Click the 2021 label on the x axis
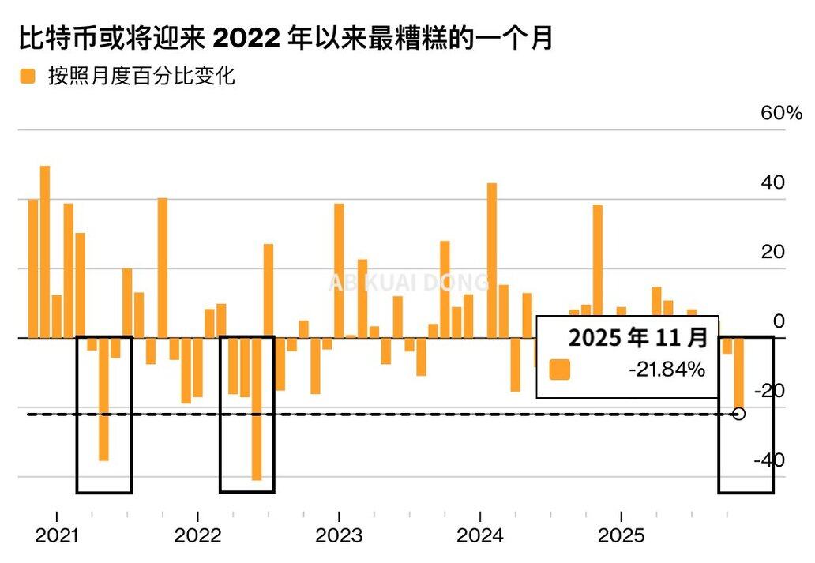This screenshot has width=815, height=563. point(56,536)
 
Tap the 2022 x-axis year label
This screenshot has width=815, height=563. point(197,536)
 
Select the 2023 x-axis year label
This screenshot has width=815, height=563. point(339,536)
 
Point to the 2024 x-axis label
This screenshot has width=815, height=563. point(480,536)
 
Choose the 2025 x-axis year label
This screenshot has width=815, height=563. point(622,536)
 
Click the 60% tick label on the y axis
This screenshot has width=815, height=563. point(781,114)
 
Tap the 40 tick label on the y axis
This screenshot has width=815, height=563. point(773,182)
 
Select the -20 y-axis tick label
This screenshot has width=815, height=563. point(769,391)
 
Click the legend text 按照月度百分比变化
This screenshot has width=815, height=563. point(141,77)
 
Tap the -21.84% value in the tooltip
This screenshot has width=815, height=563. point(667,370)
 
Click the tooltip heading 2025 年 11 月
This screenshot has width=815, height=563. point(638,338)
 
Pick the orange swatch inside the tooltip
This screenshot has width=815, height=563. point(559,370)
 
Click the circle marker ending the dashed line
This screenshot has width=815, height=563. point(739,414)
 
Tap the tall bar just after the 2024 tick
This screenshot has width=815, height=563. point(492,261)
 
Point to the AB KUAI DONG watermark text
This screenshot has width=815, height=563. point(408,283)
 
